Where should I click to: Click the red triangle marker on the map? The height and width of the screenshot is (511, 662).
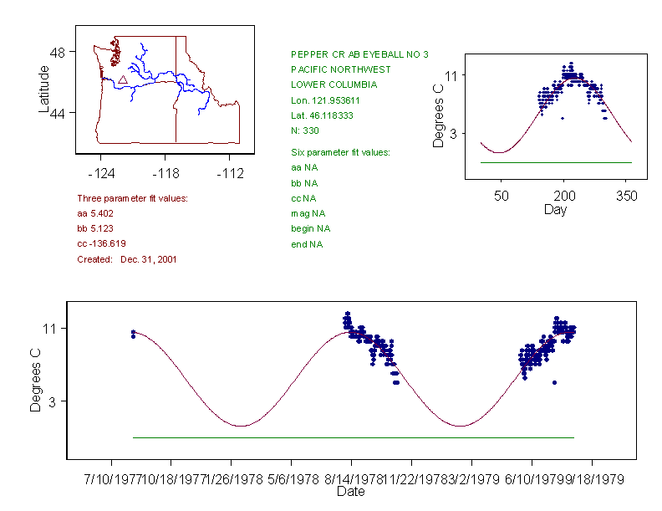[123, 79]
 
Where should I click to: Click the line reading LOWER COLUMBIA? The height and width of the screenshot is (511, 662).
[334, 84]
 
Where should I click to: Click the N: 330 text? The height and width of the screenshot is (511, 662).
[305, 130]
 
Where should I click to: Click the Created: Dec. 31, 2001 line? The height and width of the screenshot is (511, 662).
[126, 259]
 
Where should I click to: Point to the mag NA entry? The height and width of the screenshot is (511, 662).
[305, 213]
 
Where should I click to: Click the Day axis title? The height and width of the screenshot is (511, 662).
[555, 209]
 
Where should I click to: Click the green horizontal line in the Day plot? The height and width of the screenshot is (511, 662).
[556, 162]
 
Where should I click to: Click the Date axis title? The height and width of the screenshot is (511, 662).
[350, 492]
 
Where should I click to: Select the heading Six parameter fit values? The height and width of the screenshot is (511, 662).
[340, 152]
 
